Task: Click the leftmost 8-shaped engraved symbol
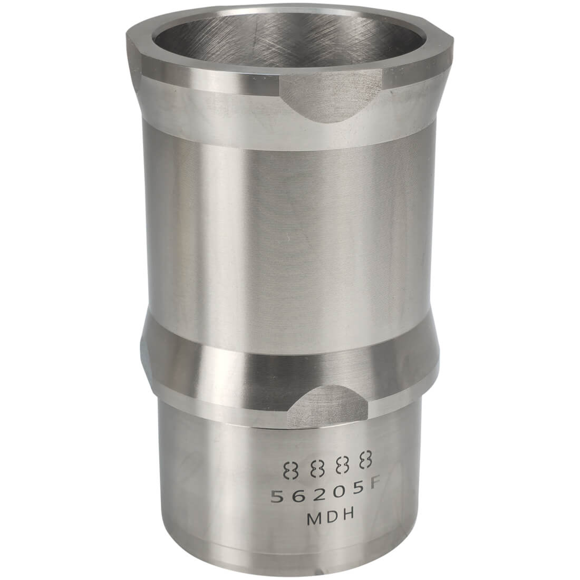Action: [290, 470]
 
